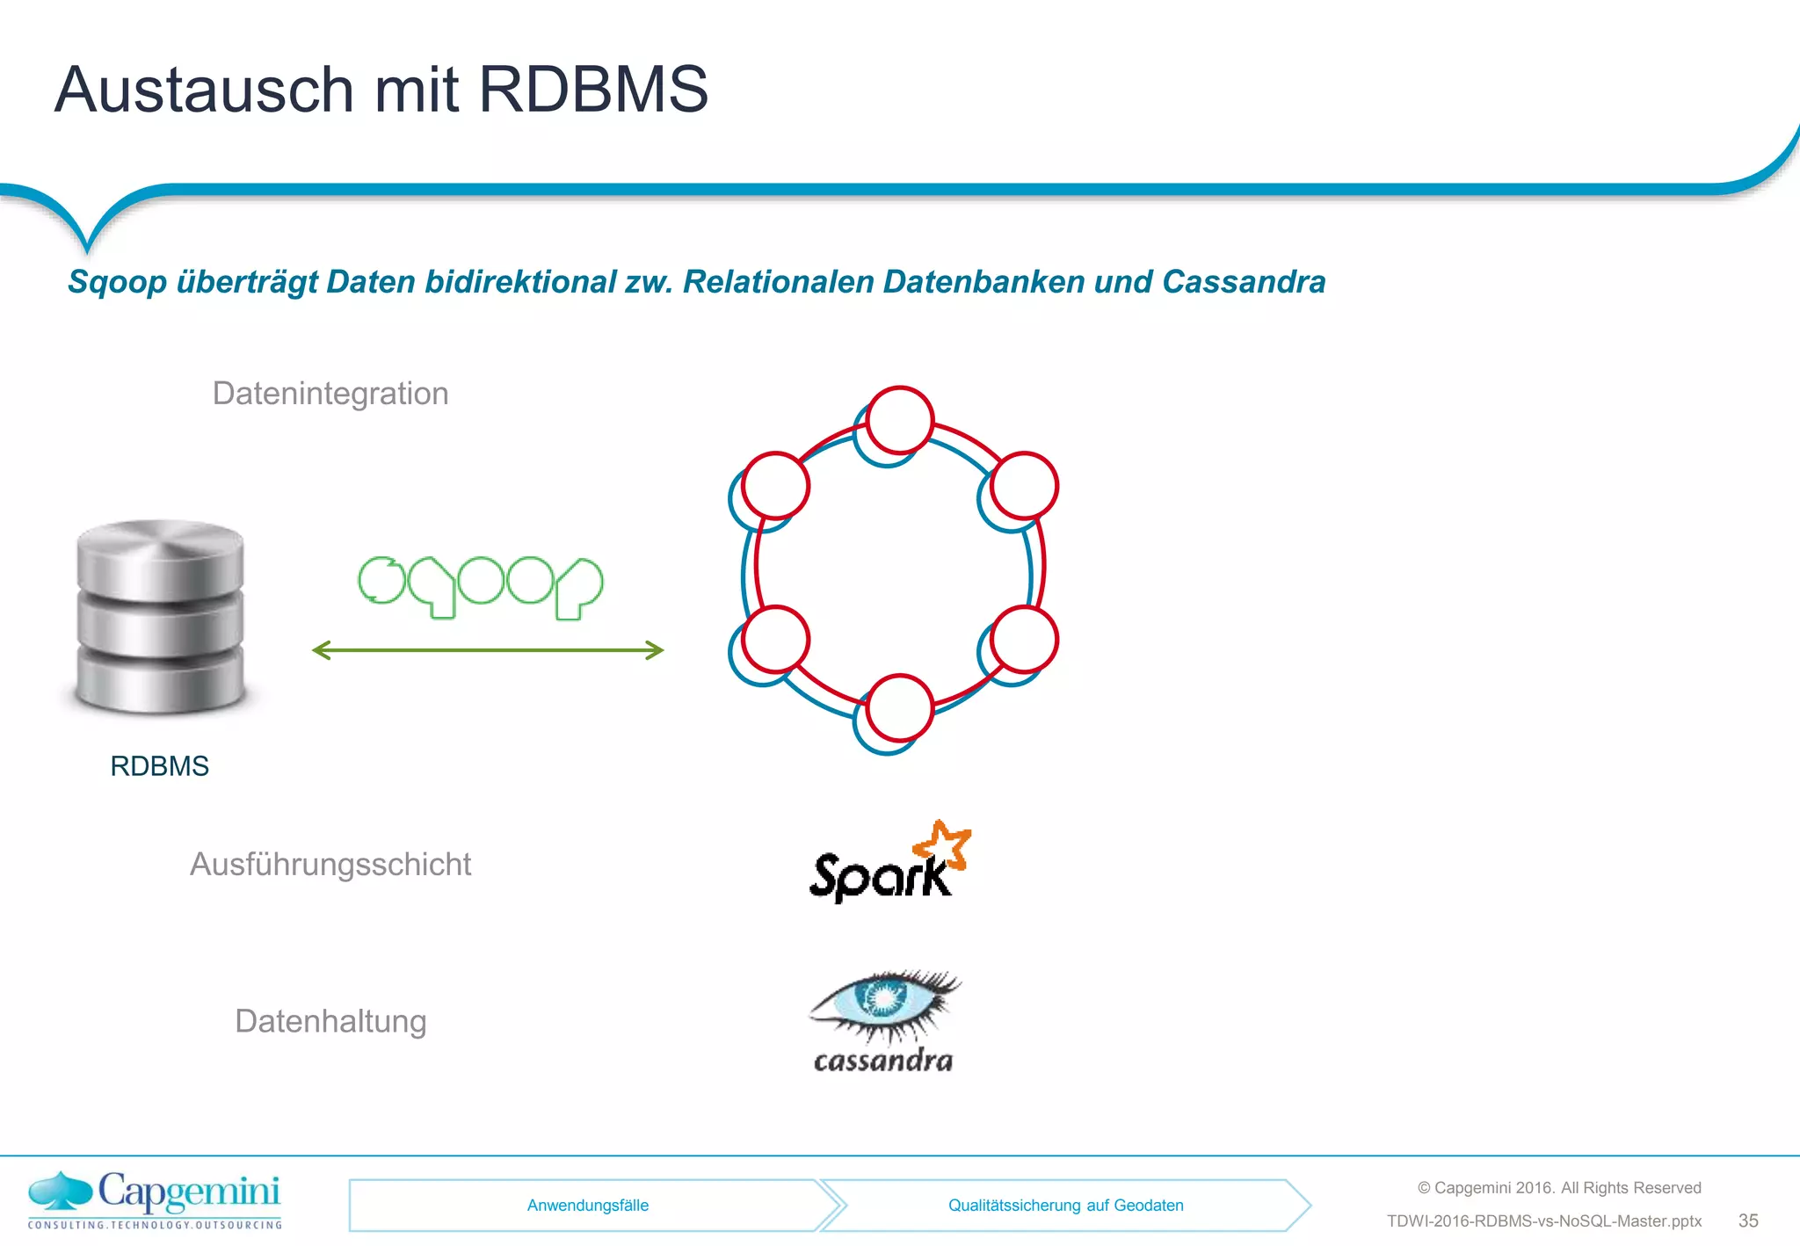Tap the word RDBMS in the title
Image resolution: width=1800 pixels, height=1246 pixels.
click(x=593, y=90)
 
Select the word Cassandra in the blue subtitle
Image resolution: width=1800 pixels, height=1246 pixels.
click(x=1244, y=282)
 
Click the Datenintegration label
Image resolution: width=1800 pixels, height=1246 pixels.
click(x=330, y=394)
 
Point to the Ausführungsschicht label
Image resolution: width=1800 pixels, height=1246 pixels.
click(x=330, y=865)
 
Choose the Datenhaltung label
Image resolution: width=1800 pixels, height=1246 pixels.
click(x=330, y=1021)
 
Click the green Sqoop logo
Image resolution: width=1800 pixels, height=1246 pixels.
click(x=481, y=586)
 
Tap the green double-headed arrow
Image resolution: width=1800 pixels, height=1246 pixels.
click(x=488, y=650)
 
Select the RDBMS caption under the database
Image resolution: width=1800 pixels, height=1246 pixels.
click(x=159, y=766)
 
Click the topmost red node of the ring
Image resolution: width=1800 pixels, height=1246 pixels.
click(x=900, y=420)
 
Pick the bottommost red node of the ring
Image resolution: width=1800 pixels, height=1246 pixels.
click(x=899, y=708)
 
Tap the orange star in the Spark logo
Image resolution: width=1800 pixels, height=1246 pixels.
click(x=944, y=844)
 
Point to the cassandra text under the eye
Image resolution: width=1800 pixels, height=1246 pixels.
click(x=883, y=1061)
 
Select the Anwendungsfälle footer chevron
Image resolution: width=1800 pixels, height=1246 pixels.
click(x=587, y=1206)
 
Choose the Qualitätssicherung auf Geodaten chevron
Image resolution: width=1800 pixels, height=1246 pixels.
click(x=1065, y=1206)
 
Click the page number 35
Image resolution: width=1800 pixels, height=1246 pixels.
click(x=1748, y=1221)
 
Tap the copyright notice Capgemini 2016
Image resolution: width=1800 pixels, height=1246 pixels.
click(x=1558, y=1188)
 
